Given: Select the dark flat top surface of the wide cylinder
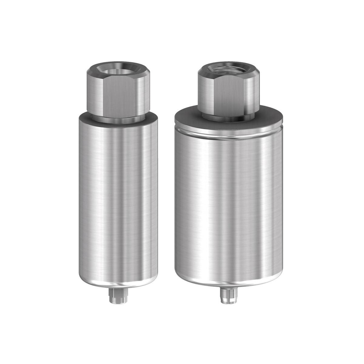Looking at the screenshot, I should coord(188,117).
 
